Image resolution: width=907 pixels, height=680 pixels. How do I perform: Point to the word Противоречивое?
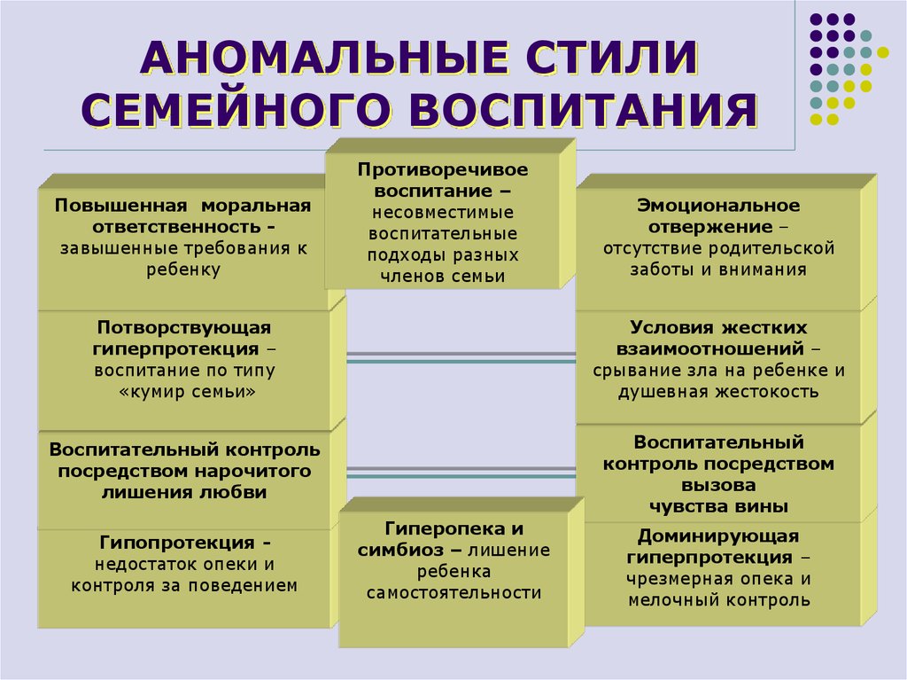(443, 169)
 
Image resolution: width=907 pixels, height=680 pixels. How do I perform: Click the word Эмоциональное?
(718, 205)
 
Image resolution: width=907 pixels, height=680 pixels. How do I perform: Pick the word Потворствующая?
(184, 327)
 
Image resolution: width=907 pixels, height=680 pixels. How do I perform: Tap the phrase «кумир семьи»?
(187, 392)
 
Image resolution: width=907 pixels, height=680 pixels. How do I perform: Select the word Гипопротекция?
(177, 543)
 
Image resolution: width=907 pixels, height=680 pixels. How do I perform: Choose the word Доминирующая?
(718, 535)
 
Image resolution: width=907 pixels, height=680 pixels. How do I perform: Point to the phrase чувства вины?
(718, 507)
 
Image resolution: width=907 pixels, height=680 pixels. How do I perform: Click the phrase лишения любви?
(184, 492)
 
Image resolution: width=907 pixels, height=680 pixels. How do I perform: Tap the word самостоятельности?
(454, 593)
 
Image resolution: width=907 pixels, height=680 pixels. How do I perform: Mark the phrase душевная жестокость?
(718, 392)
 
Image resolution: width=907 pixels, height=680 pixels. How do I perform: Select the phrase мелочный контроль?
(719, 600)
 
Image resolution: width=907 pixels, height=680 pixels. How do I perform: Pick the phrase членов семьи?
(443, 277)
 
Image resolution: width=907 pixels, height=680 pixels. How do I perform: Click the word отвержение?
(710, 226)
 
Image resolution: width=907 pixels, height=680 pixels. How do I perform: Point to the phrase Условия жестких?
(718, 327)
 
